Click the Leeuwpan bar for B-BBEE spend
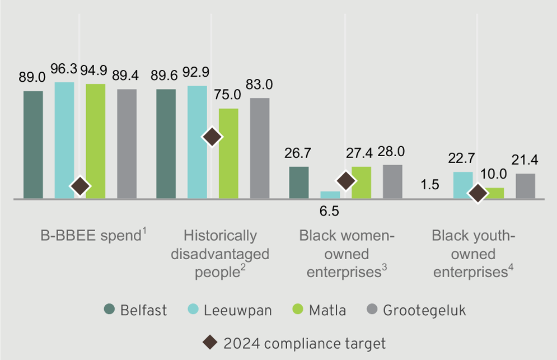[x=64, y=140]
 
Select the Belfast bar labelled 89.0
[x=33, y=144]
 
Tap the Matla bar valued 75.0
[x=228, y=153]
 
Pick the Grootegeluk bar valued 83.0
[x=260, y=148]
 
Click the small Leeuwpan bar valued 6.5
[x=330, y=195]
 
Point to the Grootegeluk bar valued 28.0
[x=392, y=181]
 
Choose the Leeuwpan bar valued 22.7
[x=463, y=185]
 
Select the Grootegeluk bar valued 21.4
[x=525, y=186]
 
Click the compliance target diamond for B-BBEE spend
[x=80, y=186]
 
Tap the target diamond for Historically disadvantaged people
[x=212, y=136]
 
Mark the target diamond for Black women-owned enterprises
[x=346, y=180]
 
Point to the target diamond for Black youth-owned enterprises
[x=478, y=193]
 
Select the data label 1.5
[x=430, y=185]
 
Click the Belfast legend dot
[x=109, y=310]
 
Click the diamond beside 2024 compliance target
[x=211, y=342]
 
